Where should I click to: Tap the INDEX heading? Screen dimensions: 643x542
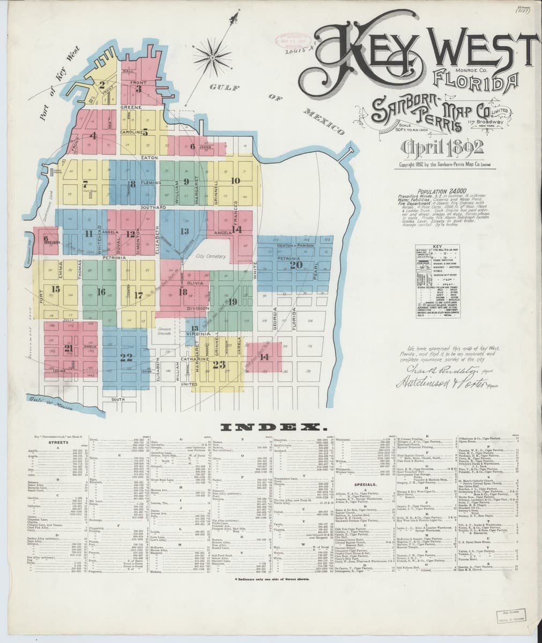tap(271, 427)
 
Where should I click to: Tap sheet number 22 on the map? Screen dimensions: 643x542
tap(127, 358)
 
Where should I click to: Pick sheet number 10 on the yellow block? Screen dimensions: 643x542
tap(235, 181)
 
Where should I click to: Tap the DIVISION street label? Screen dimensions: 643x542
tap(198, 309)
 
